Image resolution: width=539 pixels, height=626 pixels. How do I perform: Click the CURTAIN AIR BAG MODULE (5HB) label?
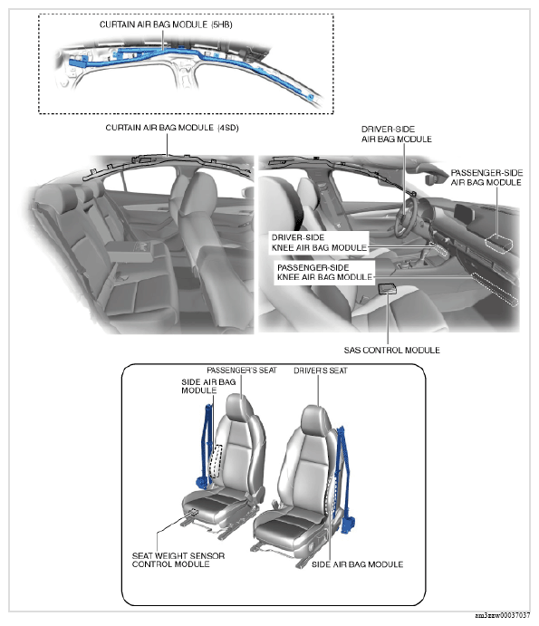pos(166,24)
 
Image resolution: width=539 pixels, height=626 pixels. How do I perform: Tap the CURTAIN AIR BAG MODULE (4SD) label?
pos(172,128)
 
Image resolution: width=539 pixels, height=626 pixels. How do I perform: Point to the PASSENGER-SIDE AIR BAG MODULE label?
pos(486,178)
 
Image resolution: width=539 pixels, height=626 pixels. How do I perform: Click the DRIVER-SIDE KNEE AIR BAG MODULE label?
pos(319,243)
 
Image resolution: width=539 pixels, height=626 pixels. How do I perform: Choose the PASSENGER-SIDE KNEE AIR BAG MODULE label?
pos(324,273)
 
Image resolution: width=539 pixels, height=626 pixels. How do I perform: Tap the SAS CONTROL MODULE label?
pos(391,350)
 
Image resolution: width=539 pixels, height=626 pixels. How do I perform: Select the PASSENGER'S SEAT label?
pos(242,371)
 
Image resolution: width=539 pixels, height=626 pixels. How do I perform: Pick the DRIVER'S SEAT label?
pos(320,371)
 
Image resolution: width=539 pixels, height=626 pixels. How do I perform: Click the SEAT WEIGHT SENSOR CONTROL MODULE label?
pos(178,560)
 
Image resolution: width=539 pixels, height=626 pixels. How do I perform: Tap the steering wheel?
pos(406,217)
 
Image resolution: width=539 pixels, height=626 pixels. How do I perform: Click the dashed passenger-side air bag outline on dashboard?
pos(499,242)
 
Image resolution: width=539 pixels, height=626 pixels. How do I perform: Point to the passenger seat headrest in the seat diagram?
pos(239,408)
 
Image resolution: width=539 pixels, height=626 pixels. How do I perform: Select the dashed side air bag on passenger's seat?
pos(216,461)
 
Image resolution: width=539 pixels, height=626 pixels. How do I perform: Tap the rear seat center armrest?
pos(130,251)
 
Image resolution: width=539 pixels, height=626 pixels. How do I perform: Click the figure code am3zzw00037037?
pos(503,615)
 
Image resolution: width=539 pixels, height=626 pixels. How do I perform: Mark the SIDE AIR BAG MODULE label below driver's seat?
pos(357,564)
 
